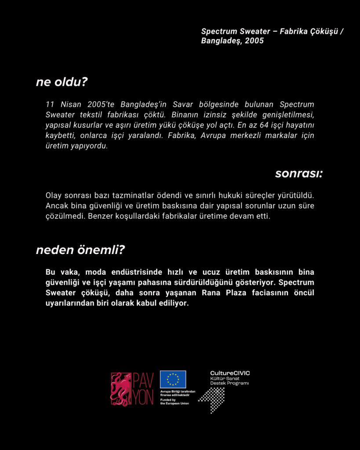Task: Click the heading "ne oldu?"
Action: [x=62, y=82]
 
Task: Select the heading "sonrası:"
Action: [x=299, y=174]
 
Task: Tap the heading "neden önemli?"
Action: [x=80, y=250]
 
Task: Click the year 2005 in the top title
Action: [x=255, y=41]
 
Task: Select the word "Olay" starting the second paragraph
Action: [x=53, y=195]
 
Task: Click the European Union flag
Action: [x=173, y=379]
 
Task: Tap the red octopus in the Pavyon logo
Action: [x=121, y=389]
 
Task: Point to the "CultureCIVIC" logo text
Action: [x=230, y=373]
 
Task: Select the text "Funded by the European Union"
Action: [x=174, y=402]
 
